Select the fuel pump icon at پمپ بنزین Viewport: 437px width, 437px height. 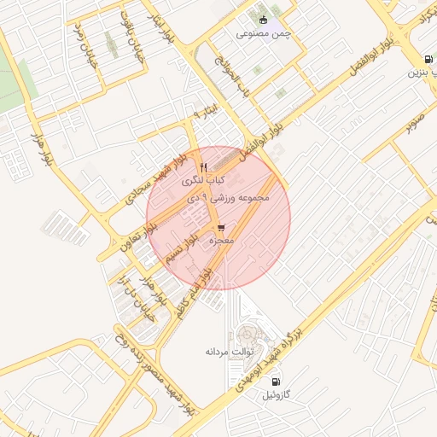[x=427, y=59]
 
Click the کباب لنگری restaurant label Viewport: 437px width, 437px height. [x=203, y=181]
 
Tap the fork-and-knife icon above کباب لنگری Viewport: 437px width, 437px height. [x=203, y=166]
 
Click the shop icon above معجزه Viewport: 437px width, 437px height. [x=222, y=228]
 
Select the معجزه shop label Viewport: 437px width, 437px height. [x=222, y=242]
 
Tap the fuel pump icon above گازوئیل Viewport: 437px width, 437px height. [x=276, y=381]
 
